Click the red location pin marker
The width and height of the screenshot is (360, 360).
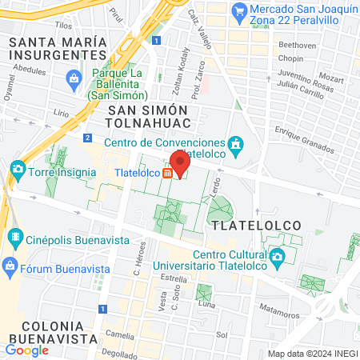[x=180, y=162]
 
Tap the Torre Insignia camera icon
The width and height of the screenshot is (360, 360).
[x=17, y=170]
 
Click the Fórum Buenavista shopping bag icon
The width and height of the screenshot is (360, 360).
[x=10, y=265]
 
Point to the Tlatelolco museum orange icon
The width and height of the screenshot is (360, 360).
[x=167, y=172]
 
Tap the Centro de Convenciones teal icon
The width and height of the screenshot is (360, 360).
[x=236, y=145]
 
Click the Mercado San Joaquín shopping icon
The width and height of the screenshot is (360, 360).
[x=238, y=11]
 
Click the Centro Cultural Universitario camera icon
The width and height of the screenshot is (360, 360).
[x=277, y=257]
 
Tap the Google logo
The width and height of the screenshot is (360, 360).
[x=26, y=350]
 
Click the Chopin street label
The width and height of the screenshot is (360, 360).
[x=290, y=61]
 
